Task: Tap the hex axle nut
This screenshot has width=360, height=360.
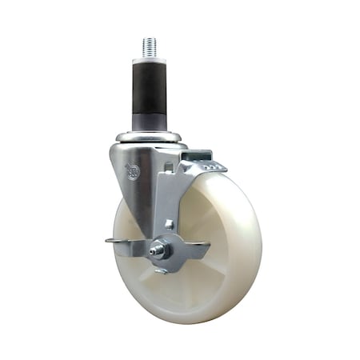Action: [161, 249]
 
